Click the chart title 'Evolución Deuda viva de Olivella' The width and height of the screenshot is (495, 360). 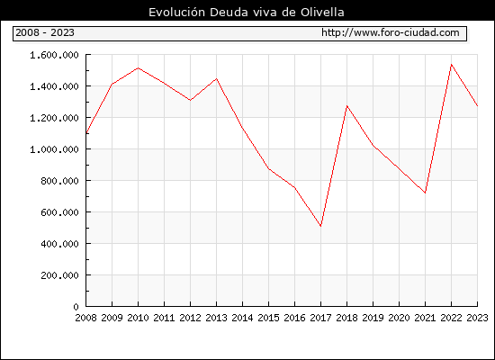tap(247, 13)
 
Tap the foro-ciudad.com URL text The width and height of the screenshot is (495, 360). tap(391, 32)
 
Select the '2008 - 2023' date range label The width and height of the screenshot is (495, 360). tap(45, 32)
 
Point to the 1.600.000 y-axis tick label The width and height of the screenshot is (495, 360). tap(54, 55)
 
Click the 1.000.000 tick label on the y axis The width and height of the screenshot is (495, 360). tap(54, 149)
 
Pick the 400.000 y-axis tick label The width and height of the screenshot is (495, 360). tap(59, 244)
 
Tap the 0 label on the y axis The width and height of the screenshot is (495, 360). tap(76, 307)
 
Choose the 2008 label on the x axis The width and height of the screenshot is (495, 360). tap(85, 318)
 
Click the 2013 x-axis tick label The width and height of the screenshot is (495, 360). tap(216, 318)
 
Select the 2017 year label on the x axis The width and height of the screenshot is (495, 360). tap(320, 318)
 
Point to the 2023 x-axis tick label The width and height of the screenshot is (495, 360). tap(477, 318)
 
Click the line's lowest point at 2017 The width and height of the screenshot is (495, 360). tap(320, 226)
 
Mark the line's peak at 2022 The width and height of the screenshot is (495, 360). tap(452, 65)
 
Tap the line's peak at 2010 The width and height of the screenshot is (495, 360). tap(138, 67)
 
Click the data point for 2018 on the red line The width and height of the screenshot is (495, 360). tap(346, 106)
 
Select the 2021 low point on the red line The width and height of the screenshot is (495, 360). tap(425, 193)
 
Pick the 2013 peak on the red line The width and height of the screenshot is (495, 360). tap(216, 78)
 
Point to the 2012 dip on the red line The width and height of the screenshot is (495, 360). tap(191, 100)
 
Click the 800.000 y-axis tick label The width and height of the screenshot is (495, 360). tap(59, 181)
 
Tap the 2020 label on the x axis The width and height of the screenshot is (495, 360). tap(399, 318)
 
